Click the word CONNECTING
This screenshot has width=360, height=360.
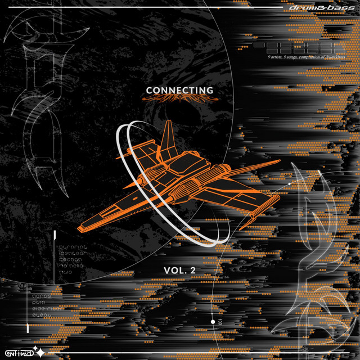click(179, 91)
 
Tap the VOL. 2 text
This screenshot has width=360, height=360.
click(179, 270)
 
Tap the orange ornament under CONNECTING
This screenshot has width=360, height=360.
click(179, 100)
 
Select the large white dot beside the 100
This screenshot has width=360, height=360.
click(213, 322)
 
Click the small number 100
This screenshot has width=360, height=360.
click(220, 322)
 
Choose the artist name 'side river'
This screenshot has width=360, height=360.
click(75, 308)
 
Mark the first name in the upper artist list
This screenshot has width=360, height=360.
click(74, 246)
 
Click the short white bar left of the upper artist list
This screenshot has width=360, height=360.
click(55, 236)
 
